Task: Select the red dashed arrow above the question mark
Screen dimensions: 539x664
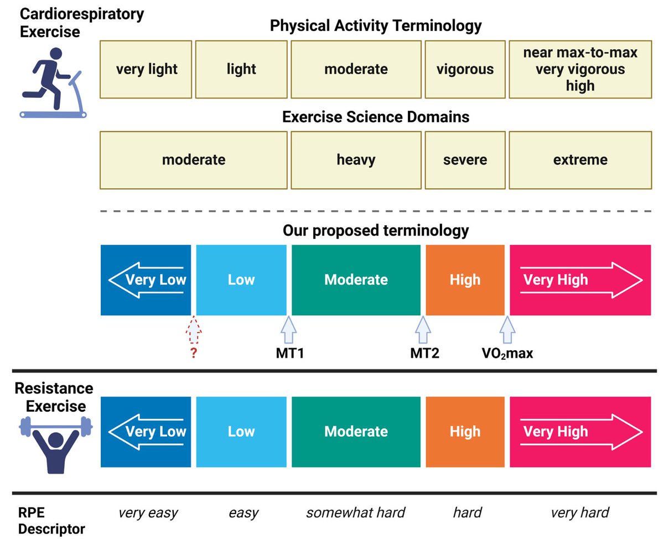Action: (x=193, y=331)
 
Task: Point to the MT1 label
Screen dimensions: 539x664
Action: (x=289, y=354)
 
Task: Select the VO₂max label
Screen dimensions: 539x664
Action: (x=507, y=354)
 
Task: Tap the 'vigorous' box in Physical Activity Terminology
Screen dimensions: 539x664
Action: (x=465, y=69)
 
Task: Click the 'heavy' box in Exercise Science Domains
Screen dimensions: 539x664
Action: (x=356, y=160)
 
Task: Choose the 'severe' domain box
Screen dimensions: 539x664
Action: (x=465, y=160)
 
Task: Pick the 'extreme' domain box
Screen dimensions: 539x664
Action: (x=580, y=160)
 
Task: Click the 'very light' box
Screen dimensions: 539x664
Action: (x=146, y=69)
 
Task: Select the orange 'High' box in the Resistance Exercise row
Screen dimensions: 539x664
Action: (x=465, y=432)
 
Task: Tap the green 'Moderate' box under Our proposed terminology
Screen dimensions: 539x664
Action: (x=356, y=279)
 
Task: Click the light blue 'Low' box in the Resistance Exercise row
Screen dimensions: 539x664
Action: (x=241, y=432)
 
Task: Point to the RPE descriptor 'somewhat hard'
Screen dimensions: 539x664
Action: (x=356, y=513)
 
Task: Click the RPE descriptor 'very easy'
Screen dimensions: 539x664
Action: (x=148, y=513)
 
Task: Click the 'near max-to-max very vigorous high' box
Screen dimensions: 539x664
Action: (x=580, y=69)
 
